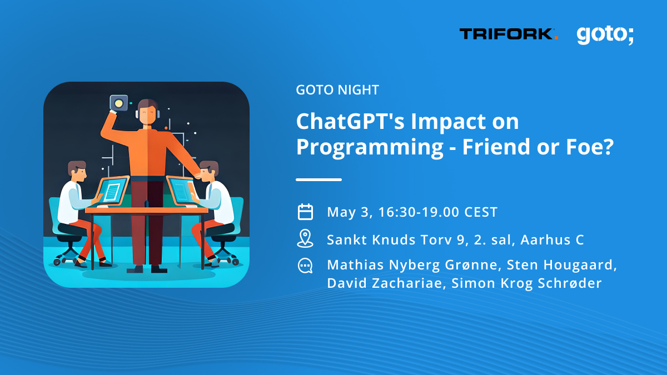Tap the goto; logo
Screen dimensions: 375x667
(x=605, y=35)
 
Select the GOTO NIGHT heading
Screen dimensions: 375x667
(x=337, y=89)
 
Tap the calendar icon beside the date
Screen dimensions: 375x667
(x=305, y=212)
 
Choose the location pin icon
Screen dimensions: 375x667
(x=305, y=239)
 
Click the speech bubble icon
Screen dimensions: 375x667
(x=305, y=266)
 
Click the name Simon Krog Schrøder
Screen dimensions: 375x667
(x=527, y=283)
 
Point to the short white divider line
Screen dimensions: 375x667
(x=318, y=179)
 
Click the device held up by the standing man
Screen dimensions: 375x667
(x=118, y=103)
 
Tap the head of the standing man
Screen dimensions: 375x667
(x=147, y=111)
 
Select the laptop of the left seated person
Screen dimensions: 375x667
(x=112, y=190)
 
